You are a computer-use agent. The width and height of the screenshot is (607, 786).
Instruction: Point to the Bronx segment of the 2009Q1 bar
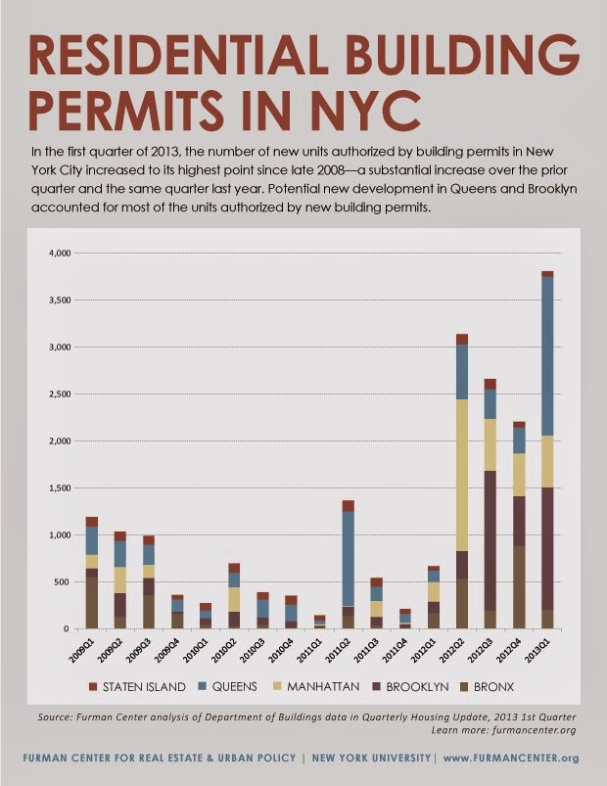click(x=92, y=597)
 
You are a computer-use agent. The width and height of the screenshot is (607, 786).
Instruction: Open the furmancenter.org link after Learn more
click(x=535, y=729)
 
